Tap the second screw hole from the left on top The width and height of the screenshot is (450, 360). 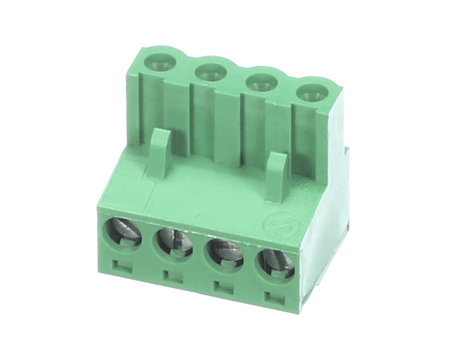pyautogui.click(x=209, y=72)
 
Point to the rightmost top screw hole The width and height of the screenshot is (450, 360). pyautogui.click(x=309, y=93)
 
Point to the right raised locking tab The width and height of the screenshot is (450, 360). pyautogui.click(x=277, y=177)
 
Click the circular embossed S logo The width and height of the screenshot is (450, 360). pyautogui.click(x=277, y=226)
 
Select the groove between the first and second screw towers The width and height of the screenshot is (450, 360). pyautogui.click(x=184, y=105)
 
